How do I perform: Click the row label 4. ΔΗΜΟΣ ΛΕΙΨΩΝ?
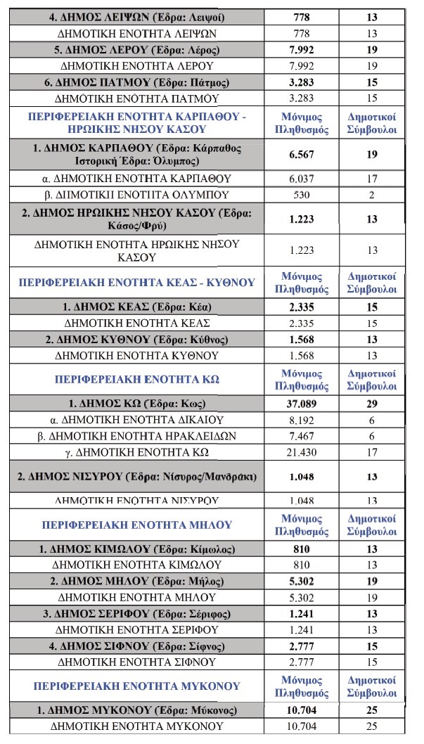[137, 17]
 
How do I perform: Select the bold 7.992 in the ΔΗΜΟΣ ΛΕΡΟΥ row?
[301, 49]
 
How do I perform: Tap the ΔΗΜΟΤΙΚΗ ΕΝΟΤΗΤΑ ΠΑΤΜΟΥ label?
[137, 98]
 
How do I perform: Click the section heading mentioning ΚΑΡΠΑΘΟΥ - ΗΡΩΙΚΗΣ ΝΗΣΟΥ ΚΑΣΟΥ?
[137, 122]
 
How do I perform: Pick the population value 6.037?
[301, 179]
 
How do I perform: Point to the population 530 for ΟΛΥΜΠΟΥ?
[301, 194]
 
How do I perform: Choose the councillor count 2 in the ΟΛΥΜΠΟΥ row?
[372, 194]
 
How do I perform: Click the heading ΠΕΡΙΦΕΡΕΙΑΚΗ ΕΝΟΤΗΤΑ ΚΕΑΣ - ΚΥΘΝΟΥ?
[137, 283]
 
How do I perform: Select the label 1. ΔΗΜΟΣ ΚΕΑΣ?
[137, 307]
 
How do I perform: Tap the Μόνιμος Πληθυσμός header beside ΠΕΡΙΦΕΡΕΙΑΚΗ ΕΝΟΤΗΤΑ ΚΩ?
[301, 379]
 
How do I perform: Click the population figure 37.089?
[301, 404]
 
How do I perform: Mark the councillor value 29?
[372, 404]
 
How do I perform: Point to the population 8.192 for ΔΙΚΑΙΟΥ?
[301, 420]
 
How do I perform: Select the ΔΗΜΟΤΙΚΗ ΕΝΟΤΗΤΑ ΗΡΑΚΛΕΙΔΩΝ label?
[137, 436]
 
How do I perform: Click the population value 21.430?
[301, 452]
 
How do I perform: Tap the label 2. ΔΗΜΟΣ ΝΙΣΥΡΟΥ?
[137, 477]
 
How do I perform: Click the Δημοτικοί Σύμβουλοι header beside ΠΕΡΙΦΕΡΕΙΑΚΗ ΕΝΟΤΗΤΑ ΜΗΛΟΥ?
[372, 525]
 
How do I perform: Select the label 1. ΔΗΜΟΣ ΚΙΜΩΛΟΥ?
[137, 549]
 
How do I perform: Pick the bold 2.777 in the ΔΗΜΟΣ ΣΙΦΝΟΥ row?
[301, 646]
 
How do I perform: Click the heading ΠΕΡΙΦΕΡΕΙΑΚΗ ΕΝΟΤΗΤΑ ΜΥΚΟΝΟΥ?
[137, 686]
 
